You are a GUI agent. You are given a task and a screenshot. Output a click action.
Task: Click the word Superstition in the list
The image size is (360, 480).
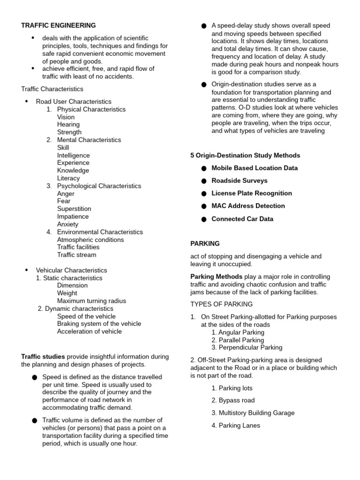click(x=74, y=209)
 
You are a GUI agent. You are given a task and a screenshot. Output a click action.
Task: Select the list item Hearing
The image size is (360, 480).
click(x=68, y=124)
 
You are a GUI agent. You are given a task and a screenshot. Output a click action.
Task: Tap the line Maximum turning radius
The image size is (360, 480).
click(x=91, y=301)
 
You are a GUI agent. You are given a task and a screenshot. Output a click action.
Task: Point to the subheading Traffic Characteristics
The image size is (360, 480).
click(x=52, y=89)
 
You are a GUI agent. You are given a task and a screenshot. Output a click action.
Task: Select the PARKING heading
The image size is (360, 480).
click(x=205, y=243)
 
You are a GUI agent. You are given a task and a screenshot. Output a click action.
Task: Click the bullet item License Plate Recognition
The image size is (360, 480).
click(x=251, y=193)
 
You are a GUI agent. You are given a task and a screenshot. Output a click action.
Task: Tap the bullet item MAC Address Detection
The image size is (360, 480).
click(x=248, y=206)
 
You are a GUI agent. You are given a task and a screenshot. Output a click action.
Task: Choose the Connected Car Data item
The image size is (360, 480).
click(x=242, y=219)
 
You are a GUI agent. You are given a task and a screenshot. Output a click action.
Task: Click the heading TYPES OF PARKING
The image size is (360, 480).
click(x=221, y=304)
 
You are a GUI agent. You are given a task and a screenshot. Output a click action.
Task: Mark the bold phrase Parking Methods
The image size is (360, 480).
click(x=217, y=277)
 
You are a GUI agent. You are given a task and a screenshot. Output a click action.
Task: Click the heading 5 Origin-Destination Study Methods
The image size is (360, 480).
click(x=245, y=155)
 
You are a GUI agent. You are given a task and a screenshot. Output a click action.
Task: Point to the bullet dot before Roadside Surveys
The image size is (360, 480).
click(x=203, y=181)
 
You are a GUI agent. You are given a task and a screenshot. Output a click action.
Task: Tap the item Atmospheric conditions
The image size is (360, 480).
click(x=90, y=240)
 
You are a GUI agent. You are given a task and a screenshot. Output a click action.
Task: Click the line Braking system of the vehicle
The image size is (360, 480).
click(x=99, y=323)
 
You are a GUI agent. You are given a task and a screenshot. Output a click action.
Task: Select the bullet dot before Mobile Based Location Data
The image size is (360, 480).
click(x=203, y=168)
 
